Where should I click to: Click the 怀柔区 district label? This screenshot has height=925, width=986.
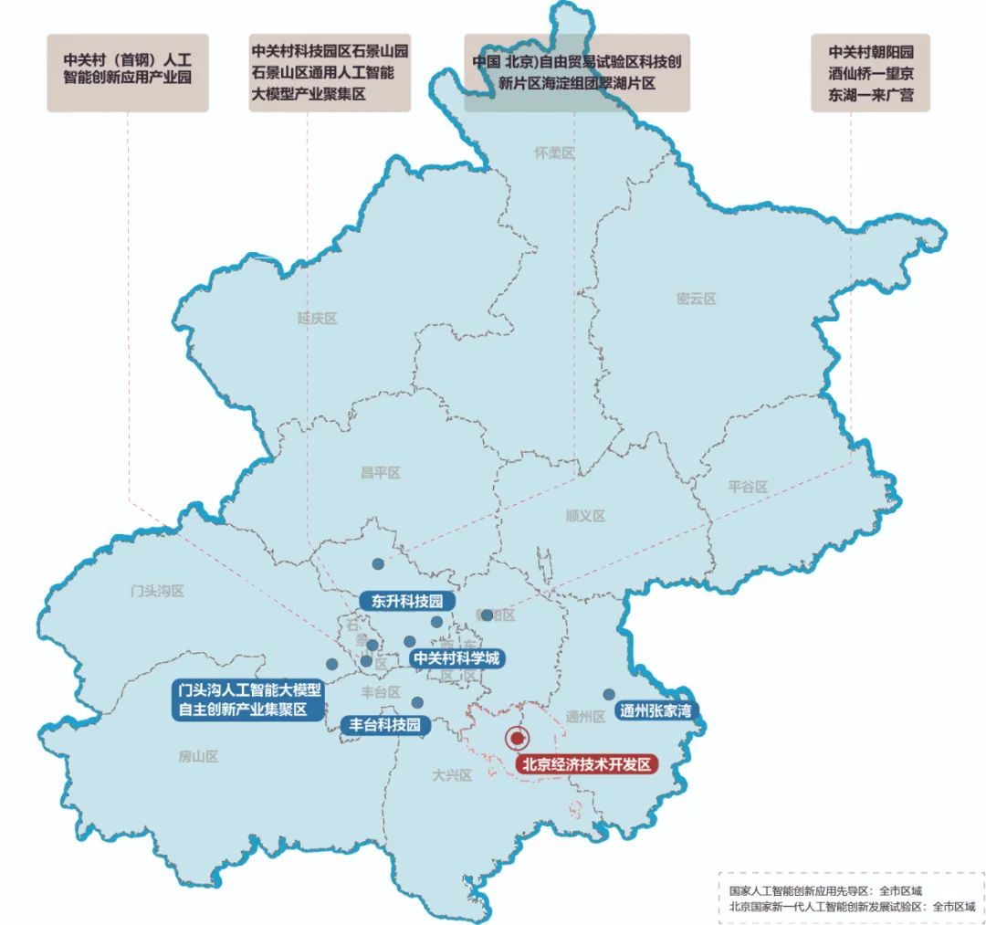click(555, 153)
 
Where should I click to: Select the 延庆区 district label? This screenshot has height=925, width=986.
click(318, 319)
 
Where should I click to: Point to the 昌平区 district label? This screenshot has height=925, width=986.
click(381, 472)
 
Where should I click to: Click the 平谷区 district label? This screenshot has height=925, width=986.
click(748, 487)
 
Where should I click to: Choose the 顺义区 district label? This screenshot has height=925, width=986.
click(585, 516)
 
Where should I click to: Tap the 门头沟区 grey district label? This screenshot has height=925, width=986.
click(158, 591)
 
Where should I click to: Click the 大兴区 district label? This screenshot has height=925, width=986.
click(452, 775)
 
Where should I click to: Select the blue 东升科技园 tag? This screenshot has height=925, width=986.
click(406, 601)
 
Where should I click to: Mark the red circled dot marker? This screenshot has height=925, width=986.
click(518, 738)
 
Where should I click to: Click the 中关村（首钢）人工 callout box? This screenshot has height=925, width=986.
click(128, 73)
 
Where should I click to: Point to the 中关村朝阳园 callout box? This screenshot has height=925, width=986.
click(870, 73)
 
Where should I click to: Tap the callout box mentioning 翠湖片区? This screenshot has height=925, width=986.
click(576, 73)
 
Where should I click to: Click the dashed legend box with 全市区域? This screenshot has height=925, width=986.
click(851, 899)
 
